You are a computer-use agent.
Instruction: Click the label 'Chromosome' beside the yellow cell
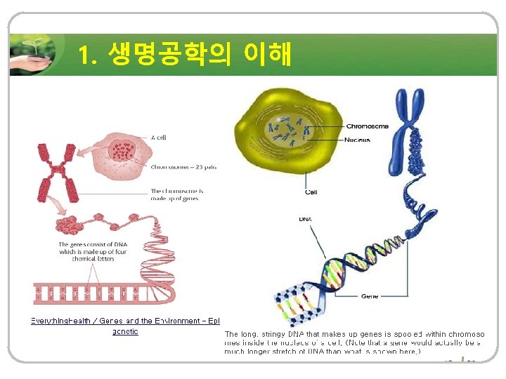(x=367, y=126)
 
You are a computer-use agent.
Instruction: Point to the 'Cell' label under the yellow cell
(x=311, y=192)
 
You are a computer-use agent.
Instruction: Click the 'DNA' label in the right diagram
(x=305, y=219)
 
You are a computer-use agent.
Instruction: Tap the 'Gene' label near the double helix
(x=369, y=296)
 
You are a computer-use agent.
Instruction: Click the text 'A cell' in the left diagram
(x=159, y=138)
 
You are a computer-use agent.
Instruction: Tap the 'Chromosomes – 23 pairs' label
(x=183, y=167)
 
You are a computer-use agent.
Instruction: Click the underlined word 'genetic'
(x=125, y=331)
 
